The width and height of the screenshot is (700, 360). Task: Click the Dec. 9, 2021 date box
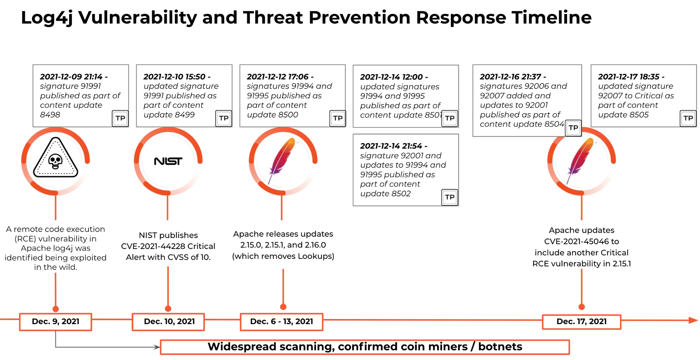[x=55, y=322]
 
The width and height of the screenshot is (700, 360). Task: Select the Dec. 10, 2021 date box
[x=168, y=322]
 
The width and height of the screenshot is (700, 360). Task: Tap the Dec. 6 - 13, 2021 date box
[x=281, y=322]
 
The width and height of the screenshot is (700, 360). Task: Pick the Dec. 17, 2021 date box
[x=581, y=322]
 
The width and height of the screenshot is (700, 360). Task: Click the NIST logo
[x=168, y=161]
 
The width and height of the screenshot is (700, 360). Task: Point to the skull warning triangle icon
[x=55, y=157]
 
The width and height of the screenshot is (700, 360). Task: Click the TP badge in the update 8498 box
[x=120, y=119]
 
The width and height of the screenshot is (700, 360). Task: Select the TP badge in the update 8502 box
[x=449, y=197]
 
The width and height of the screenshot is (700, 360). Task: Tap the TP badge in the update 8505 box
[x=688, y=119]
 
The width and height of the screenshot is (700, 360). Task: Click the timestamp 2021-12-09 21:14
[x=71, y=77]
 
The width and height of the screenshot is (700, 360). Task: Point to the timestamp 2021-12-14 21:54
[x=391, y=146]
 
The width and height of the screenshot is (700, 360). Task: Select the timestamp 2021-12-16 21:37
[x=511, y=77]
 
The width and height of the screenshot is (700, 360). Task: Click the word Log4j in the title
[x=47, y=18]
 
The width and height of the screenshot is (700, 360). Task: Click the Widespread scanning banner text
[x=365, y=347]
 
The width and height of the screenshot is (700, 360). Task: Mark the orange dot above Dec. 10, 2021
[x=168, y=309]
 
